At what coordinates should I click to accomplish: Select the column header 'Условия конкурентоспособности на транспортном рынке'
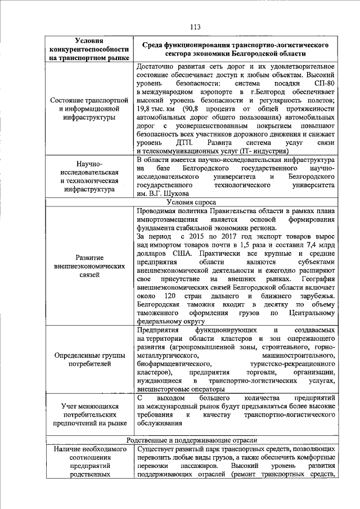coord(89,49)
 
